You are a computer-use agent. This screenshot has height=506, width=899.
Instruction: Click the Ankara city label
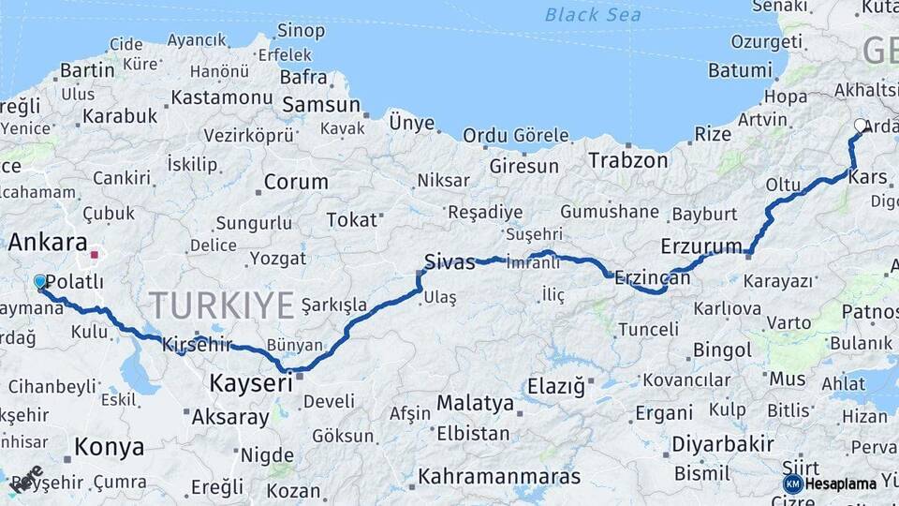(x=48, y=243)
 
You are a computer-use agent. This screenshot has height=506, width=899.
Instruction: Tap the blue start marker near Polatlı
(x=39, y=282)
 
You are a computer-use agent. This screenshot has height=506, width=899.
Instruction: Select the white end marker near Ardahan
(x=861, y=125)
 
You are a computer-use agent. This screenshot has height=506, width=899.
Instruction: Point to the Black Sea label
(x=594, y=14)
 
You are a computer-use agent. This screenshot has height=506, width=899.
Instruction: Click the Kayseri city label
(x=250, y=382)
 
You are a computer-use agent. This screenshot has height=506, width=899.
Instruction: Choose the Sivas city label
(x=449, y=261)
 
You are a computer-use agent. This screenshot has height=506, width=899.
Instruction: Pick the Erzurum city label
(x=700, y=246)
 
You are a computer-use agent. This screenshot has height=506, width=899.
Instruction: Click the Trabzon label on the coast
(x=628, y=160)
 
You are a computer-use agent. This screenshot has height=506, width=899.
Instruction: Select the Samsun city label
(x=321, y=105)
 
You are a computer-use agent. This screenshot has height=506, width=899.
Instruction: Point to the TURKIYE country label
(x=223, y=305)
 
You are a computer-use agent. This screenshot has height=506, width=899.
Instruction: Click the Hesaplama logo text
(x=840, y=484)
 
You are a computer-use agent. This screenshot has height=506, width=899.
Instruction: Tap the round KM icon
(x=792, y=484)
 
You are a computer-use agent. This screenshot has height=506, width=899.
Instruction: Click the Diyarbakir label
(x=723, y=443)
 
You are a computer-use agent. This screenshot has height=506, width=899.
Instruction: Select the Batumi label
(x=740, y=70)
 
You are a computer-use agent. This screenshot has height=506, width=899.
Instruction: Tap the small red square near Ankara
(x=94, y=253)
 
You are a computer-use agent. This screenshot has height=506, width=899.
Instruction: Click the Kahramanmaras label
(x=499, y=475)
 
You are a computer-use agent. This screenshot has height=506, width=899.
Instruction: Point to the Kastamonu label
(x=222, y=97)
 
